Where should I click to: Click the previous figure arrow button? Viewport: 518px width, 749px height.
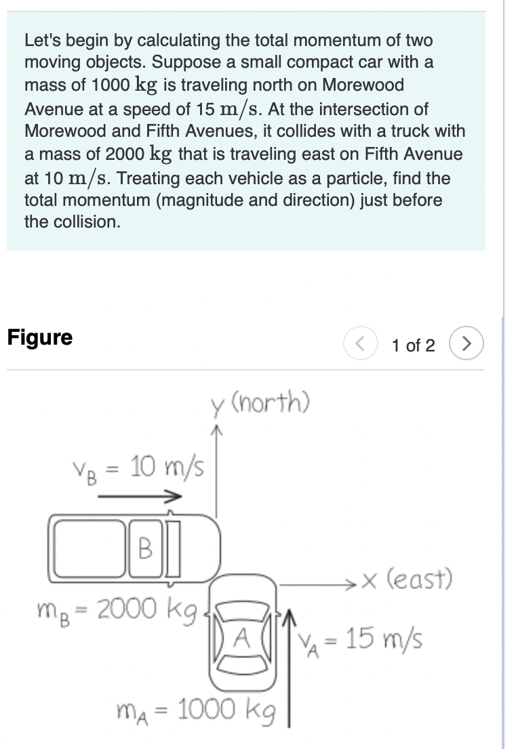pos(359,345)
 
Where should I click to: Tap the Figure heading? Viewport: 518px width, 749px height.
pos(40,337)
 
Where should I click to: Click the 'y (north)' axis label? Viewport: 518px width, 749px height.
pos(260,404)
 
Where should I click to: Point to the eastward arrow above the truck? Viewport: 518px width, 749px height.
pos(140,496)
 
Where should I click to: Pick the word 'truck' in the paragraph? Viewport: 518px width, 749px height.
pos(414,131)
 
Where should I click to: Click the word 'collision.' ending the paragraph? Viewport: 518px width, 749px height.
pos(73,222)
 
